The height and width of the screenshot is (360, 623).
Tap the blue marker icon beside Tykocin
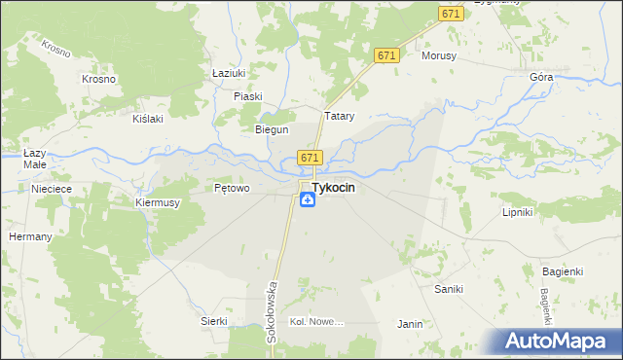point(307,200)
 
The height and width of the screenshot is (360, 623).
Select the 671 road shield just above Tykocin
point(310,158)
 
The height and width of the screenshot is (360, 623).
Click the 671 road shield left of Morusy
point(386,56)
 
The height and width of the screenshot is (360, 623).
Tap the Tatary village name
point(339,116)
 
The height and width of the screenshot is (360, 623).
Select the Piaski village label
point(249,96)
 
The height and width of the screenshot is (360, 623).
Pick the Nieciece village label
point(53,189)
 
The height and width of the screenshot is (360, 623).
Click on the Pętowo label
point(233,188)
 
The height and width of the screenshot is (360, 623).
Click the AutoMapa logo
point(559,341)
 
